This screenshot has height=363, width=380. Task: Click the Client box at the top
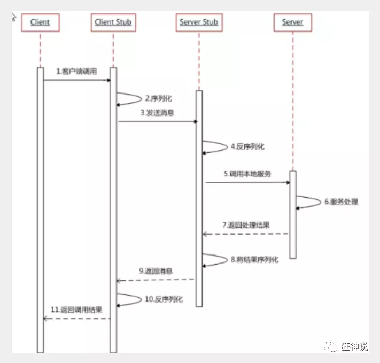tap(40, 22)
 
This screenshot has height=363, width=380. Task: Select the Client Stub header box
tap(113, 22)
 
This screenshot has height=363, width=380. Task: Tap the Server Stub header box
tap(199, 22)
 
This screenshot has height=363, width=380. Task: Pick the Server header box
tap(293, 22)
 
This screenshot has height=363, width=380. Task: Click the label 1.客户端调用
tap(76, 71)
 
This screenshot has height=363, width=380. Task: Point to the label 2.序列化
tap(159, 98)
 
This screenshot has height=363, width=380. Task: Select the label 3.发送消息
tap(157, 113)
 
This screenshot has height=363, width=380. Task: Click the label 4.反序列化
tap(247, 146)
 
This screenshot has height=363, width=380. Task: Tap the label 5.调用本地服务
tap(247, 174)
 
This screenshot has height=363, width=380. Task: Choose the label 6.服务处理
tap(341, 202)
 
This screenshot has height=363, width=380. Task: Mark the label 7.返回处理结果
tap(246, 225)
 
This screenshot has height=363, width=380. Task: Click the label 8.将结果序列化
tap(254, 260)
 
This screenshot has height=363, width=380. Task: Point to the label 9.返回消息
tap(156, 271)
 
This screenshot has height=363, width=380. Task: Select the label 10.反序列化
tap(164, 299)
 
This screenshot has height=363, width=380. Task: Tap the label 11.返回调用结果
tap(76, 310)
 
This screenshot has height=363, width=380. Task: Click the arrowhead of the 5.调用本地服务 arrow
tap(288, 183)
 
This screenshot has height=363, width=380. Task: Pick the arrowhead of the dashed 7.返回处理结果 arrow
tap(205, 234)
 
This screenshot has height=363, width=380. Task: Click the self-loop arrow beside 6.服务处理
tap(321, 202)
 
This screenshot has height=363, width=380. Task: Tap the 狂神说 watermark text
tap(354, 346)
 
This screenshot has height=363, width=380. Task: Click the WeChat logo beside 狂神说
tap(330, 346)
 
